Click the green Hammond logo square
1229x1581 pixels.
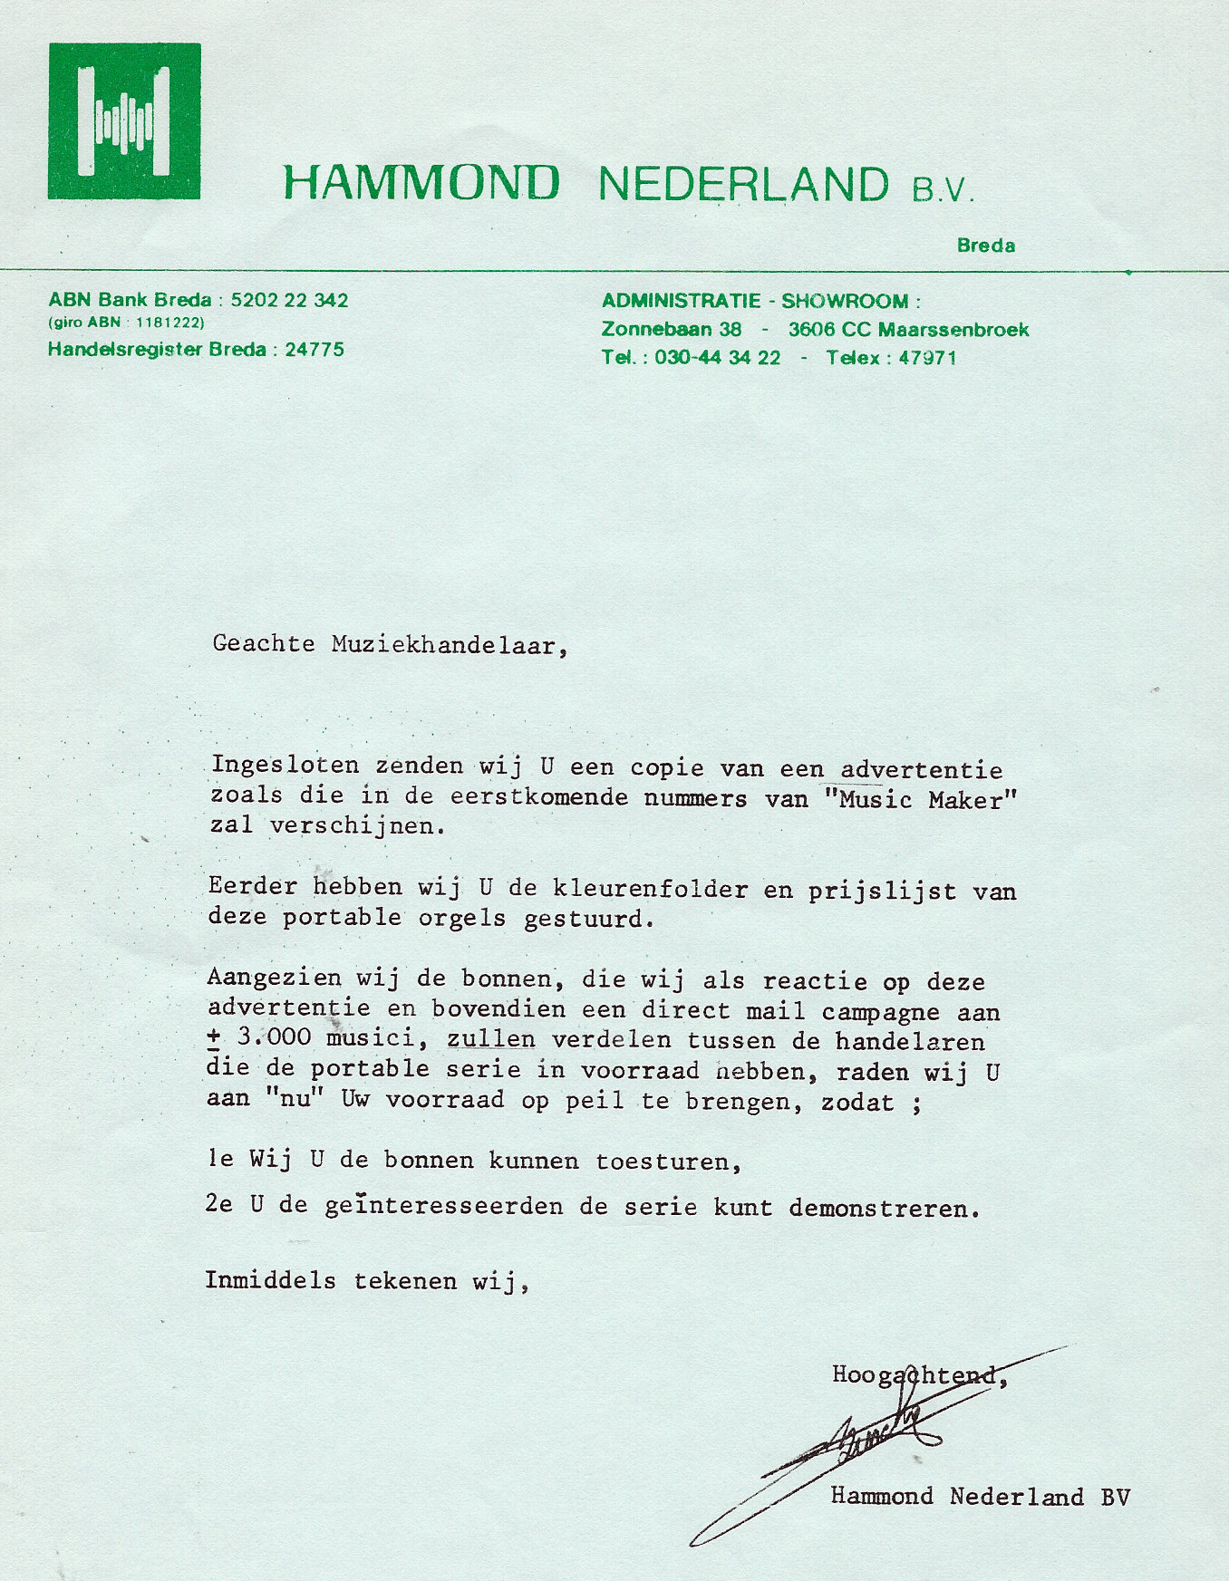click(124, 121)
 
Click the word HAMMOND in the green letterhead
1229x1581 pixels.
click(421, 183)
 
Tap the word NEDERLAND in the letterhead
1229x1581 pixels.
click(743, 185)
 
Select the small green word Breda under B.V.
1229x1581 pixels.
click(985, 246)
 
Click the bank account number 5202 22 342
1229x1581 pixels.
click(289, 301)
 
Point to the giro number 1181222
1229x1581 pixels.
click(169, 323)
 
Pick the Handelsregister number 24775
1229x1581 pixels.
click(314, 350)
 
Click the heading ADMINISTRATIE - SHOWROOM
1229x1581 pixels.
click(760, 302)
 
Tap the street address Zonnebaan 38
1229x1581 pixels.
click(671, 330)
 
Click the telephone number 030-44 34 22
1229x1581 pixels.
click(717, 358)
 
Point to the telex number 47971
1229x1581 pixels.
click(927, 358)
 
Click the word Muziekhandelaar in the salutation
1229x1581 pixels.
click(449, 645)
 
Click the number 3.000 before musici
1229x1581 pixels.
click(273, 1037)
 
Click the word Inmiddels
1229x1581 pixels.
click(270, 1281)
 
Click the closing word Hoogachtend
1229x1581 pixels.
click(919, 1375)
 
